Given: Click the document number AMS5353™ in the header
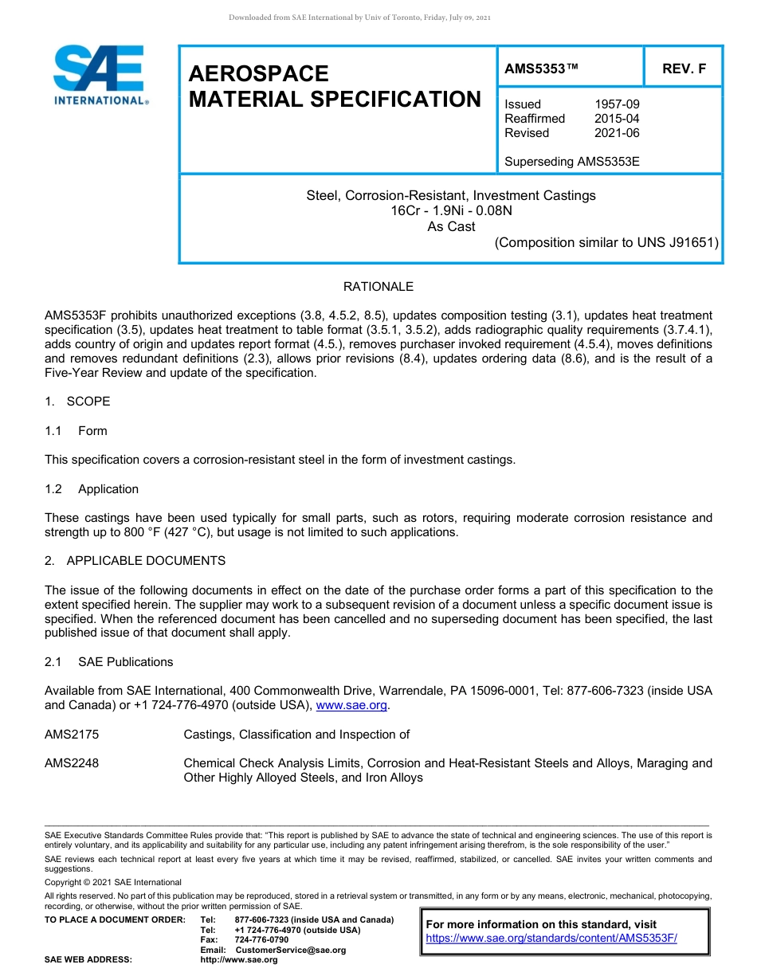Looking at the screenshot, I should (541, 69).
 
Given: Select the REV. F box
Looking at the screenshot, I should (684, 69).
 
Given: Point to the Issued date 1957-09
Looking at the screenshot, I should (617, 104).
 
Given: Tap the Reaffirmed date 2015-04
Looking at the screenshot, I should (617, 119).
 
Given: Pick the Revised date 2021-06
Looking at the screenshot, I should (617, 133).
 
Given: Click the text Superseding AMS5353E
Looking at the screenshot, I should (571, 162).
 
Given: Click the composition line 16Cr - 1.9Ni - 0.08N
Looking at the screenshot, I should (451, 211).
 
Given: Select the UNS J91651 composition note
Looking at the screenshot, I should (606, 243).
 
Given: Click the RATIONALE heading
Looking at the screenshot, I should (378, 287).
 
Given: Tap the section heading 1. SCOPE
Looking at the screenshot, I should (77, 402).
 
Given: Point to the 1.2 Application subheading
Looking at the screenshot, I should (92, 489).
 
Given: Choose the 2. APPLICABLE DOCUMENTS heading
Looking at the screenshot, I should (135, 561).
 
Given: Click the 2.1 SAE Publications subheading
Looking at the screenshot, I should (109, 662).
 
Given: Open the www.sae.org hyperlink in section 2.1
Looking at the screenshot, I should (351, 706).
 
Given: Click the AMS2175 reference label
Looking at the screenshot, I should (72, 735).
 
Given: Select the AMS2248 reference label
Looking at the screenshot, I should (72, 763).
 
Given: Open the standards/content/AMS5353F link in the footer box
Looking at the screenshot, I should (551, 939).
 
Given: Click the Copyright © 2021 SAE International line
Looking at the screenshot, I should (113, 883).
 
